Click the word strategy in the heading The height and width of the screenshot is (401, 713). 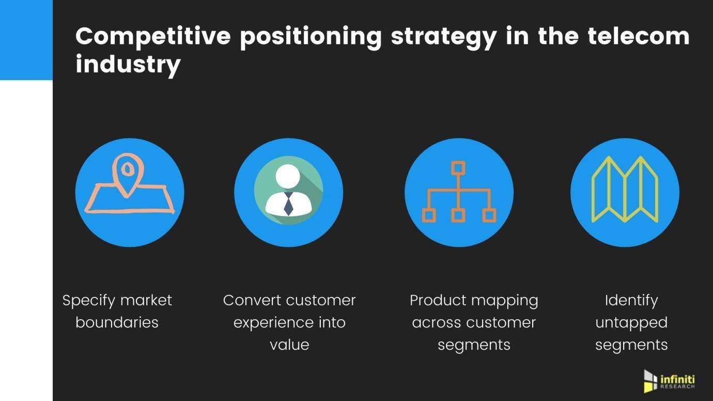click(444, 38)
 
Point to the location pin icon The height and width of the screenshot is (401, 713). click(128, 175)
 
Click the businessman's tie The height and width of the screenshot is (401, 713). click(288, 204)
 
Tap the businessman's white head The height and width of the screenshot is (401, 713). click(288, 176)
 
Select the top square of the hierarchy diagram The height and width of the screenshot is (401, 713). click(458, 168)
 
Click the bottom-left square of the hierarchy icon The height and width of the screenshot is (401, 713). click(429, 215)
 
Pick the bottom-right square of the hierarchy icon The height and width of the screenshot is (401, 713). click(489, 215)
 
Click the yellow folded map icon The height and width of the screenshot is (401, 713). click(625, 189)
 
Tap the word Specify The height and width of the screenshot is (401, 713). click(88, 301)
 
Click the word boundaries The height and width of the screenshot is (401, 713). click(117, 322)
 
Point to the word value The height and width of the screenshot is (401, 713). click(289, 345)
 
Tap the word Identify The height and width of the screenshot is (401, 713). click(631, 301)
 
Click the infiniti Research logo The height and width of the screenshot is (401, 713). click(670, 381)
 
